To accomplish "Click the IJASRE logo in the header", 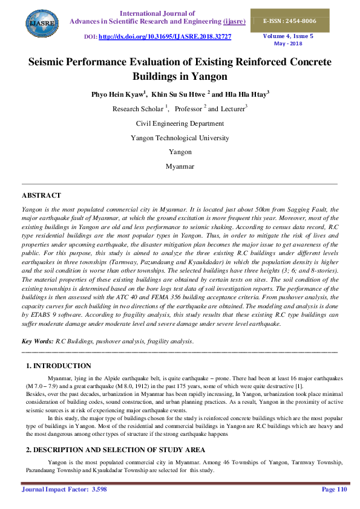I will point(37,24).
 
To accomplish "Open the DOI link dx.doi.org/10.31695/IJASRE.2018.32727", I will point(165,37).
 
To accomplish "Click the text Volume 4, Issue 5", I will point(288,36).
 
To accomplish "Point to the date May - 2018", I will point(288,44).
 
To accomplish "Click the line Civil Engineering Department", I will point(180,123).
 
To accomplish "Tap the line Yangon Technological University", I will point(180,138).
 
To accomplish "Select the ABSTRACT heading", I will point(41,195).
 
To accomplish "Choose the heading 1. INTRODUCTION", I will point(59,366).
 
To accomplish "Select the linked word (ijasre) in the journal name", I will point(234,21).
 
